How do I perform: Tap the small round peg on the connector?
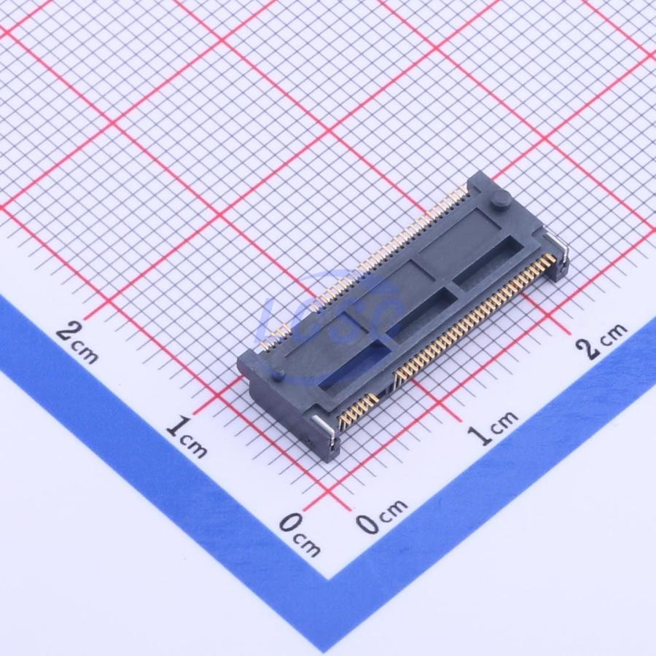click(x=278, y=374)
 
